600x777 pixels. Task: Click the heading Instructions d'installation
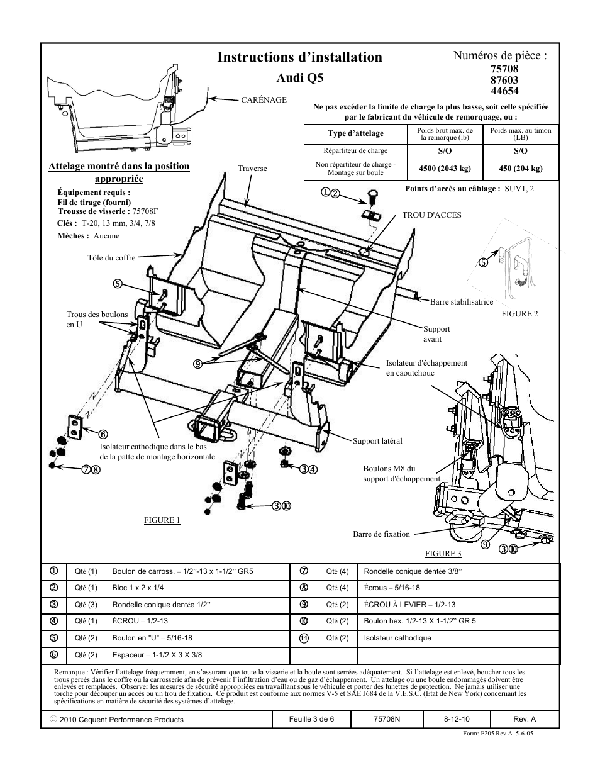coord(299,57)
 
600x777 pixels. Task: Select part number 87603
coord(504,80)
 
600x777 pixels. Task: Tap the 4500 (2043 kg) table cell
coord(445,169)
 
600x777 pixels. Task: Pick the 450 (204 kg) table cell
coord(521,169)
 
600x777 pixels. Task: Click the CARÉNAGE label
coord(264,99)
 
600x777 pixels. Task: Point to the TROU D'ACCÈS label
coord(431,215)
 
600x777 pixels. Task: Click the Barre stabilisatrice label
coord(461,302)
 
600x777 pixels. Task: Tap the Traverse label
coord(252,169)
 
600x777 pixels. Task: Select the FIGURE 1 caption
coord(162,520)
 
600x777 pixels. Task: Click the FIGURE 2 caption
coord(519,314)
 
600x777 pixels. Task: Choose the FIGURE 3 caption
coord(443,554)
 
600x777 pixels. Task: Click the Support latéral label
coord(377,441)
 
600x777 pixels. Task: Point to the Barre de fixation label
coord(381,534)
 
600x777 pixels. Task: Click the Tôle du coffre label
coord(111,258)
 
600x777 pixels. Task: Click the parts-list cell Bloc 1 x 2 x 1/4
coord(138,588)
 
